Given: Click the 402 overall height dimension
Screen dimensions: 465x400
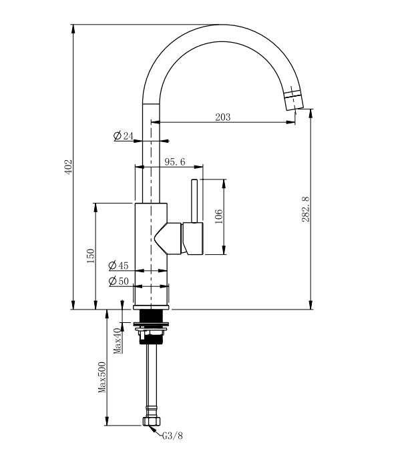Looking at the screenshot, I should (x=67, y=167).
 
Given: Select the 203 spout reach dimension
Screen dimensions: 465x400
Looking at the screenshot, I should (x=222, y=117).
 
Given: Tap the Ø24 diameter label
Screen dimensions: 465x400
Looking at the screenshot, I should (x=124, y=136).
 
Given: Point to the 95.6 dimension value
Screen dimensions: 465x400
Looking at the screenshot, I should (x=174, y=161).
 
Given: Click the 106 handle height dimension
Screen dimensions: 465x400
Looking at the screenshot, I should (x=218, y=217).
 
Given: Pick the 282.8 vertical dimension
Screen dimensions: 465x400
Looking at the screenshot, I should (x=305, y=209).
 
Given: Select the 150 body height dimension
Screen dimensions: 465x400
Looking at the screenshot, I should (x=91, y=256).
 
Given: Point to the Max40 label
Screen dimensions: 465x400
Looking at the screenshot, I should (x=116, y=340).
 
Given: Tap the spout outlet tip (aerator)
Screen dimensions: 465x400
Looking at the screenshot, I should (x=292, y=99).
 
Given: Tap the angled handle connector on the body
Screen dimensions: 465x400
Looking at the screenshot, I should (x=170, y=238).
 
